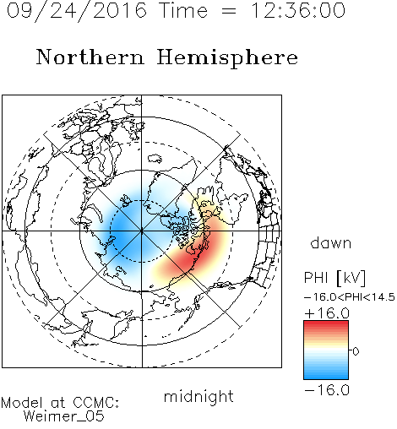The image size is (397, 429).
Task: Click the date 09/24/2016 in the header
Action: [77, 11]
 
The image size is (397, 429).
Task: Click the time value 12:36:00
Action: [298, 10]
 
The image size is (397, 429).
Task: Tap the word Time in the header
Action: [183, 10]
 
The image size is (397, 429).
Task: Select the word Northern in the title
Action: [90, 57]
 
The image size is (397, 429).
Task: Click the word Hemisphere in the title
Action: [227, 58]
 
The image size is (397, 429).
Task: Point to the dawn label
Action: [331, 243]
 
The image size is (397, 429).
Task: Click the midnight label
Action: [198, 396]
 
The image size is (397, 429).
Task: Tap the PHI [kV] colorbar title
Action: [334, 278]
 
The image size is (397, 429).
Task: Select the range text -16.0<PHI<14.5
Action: [350, 297]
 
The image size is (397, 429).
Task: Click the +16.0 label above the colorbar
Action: [327, 313]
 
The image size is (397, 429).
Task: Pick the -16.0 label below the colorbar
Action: [327, 390]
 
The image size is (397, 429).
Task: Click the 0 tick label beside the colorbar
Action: [356, 351]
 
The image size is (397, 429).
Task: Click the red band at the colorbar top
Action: [326, 325]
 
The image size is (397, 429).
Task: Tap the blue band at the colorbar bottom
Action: [326, 374]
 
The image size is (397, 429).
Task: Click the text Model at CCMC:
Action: [60, 403]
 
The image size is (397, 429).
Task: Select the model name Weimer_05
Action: [64, 416]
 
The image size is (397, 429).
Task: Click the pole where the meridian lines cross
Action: [142, 231]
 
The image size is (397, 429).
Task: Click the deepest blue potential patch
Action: [124, 234]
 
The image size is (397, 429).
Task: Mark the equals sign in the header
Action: [229, 12]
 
